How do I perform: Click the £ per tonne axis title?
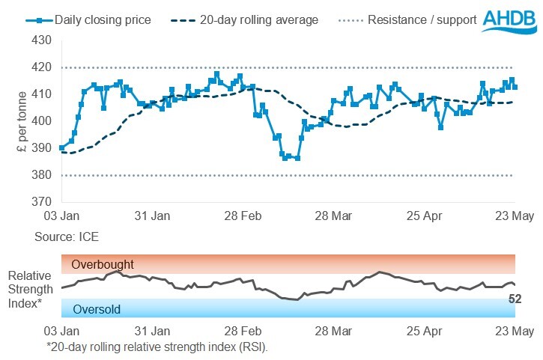coord(22,121)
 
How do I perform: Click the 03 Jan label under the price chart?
coord(61,216)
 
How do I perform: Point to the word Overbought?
coord(103,264)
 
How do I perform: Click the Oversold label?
coord(97,309)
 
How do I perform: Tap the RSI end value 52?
coord(515,299)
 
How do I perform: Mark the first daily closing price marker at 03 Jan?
coord(61,148)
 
